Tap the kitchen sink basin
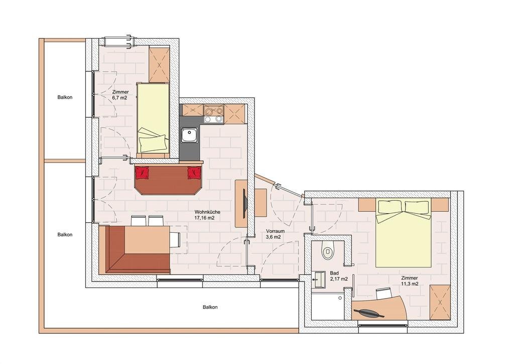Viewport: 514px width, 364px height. click(x=189, y=135)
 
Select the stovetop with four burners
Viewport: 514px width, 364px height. click(x=213, y=114)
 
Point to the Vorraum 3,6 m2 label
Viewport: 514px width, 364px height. click(x=275, y=234)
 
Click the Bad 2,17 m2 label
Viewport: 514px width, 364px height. click(x=339, y=276)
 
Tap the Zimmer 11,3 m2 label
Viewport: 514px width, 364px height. click(x=410, y=281)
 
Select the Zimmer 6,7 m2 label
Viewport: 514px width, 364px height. click(x=120, y=95)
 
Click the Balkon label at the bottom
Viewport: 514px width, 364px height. click(x=210, y=307)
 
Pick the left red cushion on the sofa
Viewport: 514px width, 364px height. click(x=142, y=172)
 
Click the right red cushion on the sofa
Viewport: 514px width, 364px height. click(x=194, y=172)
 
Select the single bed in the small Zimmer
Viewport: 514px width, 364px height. click(x=153, y=118)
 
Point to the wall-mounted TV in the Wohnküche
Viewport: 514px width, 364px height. click(x=244, y=204)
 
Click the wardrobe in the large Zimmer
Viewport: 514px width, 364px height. click(x=440, y=302)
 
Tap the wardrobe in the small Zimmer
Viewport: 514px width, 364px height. click(x=159, y=65)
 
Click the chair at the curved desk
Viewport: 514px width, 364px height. click(x=383, y=293)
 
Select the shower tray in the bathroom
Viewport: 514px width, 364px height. click(x=327, y=306)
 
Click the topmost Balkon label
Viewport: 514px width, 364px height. click(x=65, y=98)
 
